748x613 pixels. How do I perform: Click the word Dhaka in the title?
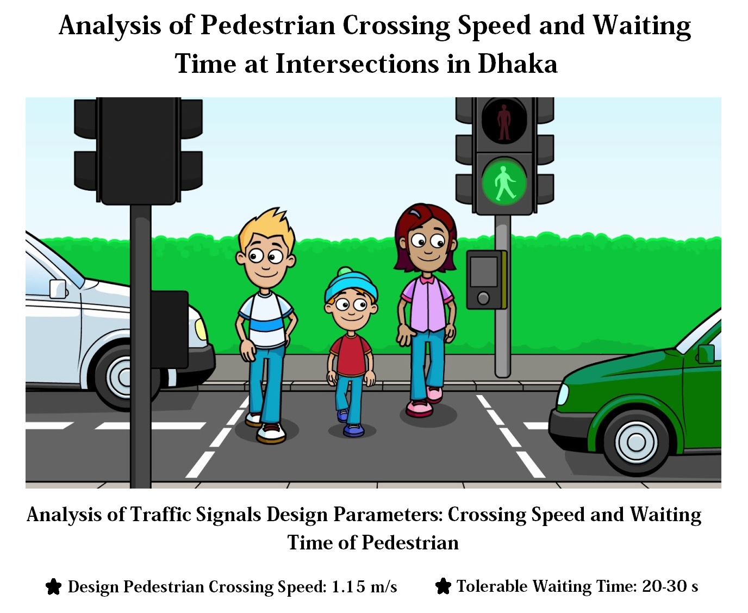click(518, 64)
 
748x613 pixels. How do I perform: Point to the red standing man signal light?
click(503, 121)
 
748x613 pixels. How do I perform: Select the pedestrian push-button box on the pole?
click(486, 280)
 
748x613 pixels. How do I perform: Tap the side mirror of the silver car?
click(58, 289)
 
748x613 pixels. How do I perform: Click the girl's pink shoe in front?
click(420, 408)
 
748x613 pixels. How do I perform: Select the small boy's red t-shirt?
click(351, 355)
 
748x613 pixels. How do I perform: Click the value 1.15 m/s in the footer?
click(364, 587)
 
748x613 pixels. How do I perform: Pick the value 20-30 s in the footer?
click(670, 586)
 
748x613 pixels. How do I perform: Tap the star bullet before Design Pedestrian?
click(54, 587)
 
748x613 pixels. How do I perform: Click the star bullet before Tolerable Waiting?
click(443, 586)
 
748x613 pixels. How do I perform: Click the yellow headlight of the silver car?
click(201, 329)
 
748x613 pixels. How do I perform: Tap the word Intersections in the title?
click(358, 64)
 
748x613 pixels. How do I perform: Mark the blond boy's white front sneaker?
click(271, 433)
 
